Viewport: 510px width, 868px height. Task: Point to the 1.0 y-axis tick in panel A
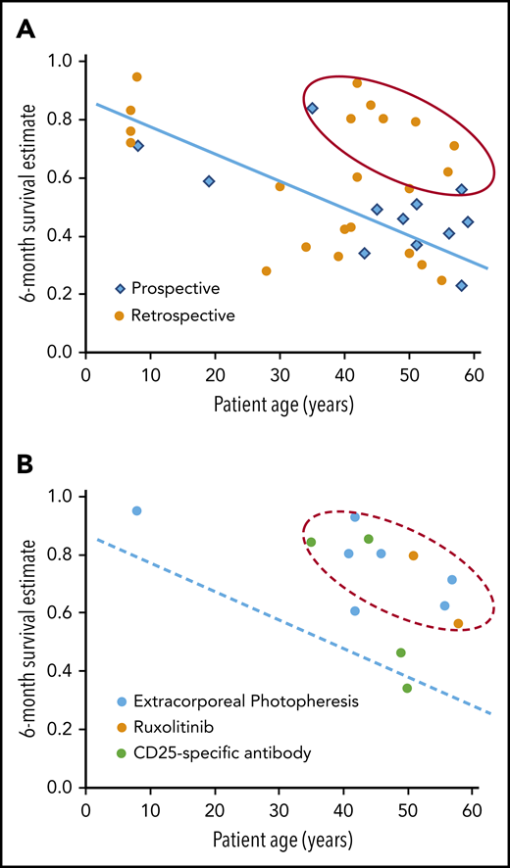(63, 62)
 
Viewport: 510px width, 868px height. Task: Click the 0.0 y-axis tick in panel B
(63, 788)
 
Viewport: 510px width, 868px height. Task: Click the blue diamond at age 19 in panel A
(209, 181)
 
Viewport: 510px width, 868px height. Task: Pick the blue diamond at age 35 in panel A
(312, 108)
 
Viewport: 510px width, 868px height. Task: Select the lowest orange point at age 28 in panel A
(267, 271)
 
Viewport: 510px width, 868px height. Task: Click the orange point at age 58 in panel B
(459, 623)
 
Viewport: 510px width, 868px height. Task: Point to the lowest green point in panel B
(407, 688)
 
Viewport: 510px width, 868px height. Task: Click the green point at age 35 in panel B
(311, 542)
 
